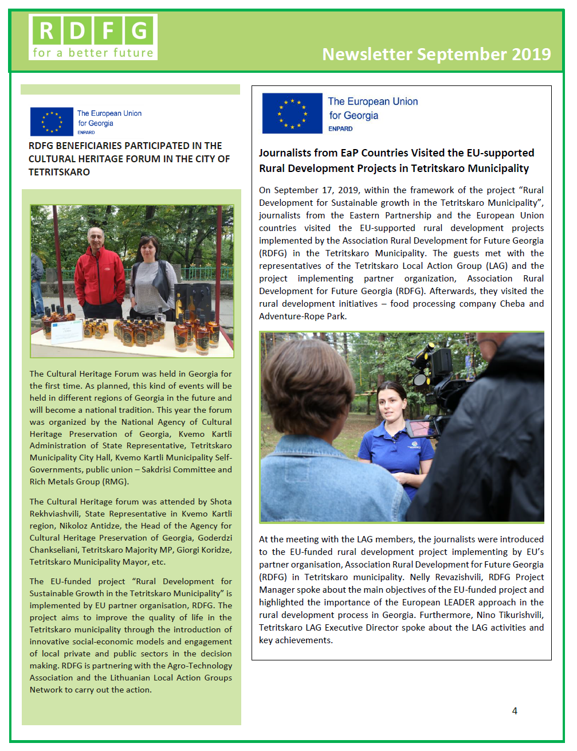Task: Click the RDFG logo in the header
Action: [93, 37]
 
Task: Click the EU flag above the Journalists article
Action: [292, 113]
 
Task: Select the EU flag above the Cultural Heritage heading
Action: [52, 122]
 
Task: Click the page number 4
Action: [515, 711]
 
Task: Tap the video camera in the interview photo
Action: [435, 367]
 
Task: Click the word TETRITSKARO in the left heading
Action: [60, 172]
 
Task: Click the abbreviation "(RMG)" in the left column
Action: [115, 482]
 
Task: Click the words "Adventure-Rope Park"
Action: [302, 316]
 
